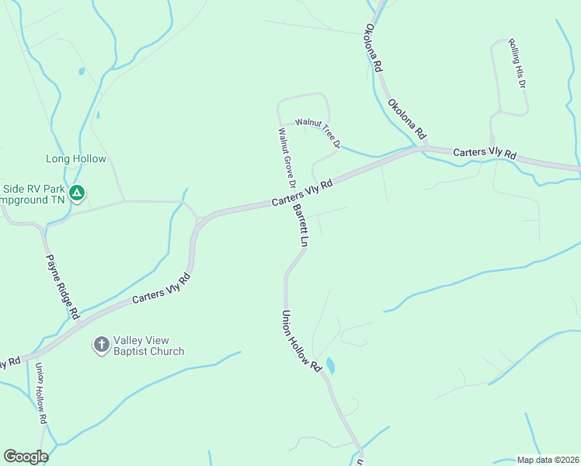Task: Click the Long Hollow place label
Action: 76,159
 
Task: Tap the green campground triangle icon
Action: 77,193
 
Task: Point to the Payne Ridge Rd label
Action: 63,287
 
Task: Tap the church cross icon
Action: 101,345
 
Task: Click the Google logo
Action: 26,457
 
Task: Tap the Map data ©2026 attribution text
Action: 547,460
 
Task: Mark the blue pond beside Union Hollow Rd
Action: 330,365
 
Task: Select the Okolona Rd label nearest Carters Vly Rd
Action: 408,115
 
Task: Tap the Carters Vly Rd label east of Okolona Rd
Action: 485,154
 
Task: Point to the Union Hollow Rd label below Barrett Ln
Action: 301,340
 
